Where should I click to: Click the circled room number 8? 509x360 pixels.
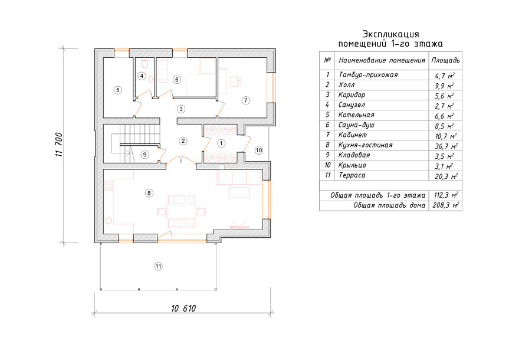pyautogui.click(x=149, y=194)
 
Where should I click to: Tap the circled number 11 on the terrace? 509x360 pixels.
pyautogui.click(x=158, y=266)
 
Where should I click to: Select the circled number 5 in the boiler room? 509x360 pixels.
pyautogui.click(x=118, y=90)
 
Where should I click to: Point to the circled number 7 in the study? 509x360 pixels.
pyautogui.click(x=246, y=100)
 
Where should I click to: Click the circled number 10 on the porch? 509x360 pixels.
pyautogui.click(x=259, y=150)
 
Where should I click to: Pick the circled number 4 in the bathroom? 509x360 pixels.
pyautogui.click(x=142, y=76)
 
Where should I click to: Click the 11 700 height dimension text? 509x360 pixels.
pyautogui.click(x=59, y=145)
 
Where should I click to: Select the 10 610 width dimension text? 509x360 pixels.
pyautogui.click(x=184, y=308)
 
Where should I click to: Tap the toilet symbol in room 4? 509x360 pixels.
pyautogui.click(x=145, y=64)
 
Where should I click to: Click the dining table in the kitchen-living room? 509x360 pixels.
pyautogui.click(x=181, y=211)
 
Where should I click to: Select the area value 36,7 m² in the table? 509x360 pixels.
pyautogui.click(x=446, y=146)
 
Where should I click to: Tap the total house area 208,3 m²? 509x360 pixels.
pyautogui.click(x=446, y=205)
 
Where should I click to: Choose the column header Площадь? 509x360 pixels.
pyautogui.click(x=445, y=60)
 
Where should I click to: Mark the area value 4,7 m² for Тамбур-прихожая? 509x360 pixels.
pyautogui.click(x=445, y=76)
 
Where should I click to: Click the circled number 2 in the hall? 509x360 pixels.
pyautogui.click(x=183, y=141)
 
